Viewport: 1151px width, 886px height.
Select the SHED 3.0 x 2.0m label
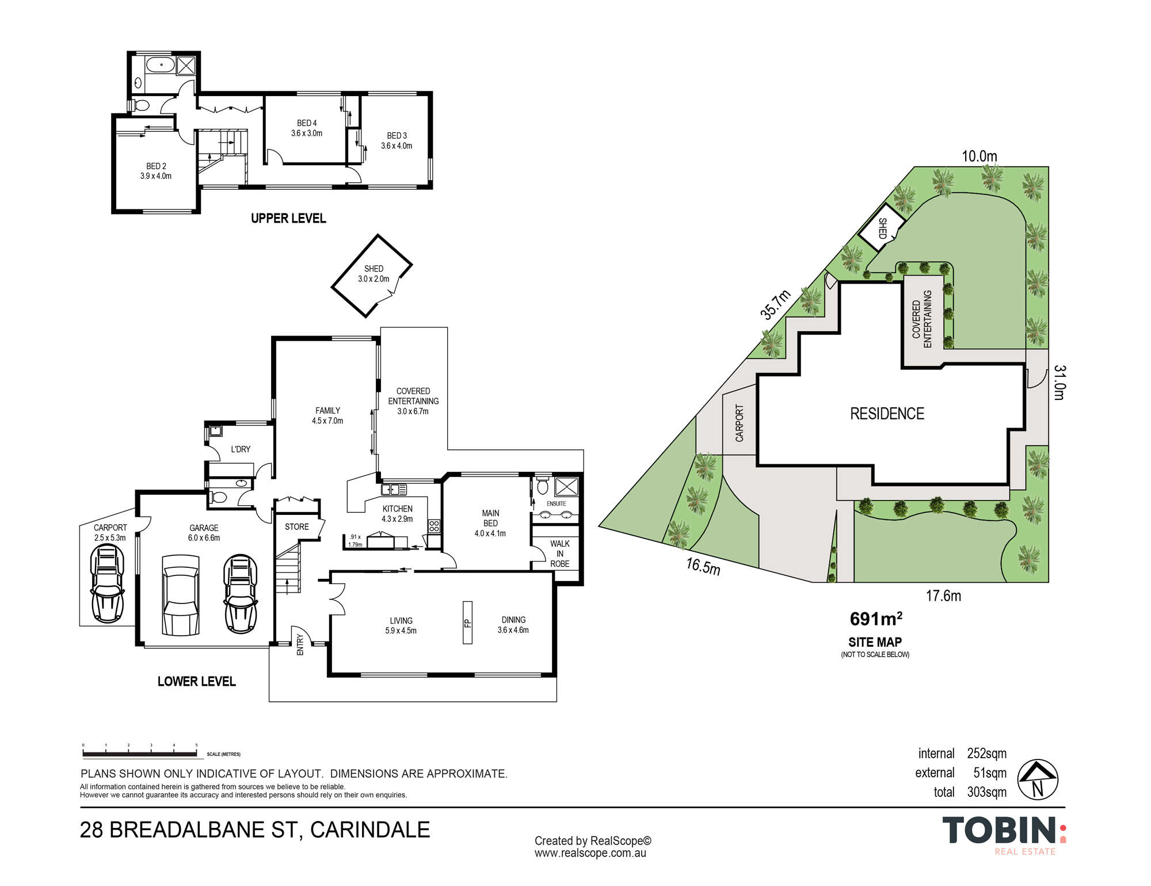373,274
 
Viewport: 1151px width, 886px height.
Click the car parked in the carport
107,584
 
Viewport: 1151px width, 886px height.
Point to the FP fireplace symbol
467,623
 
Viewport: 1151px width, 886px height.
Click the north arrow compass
1038,780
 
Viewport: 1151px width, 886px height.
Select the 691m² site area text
876,619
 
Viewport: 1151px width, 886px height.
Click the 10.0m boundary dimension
980,156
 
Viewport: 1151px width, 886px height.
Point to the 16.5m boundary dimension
703,566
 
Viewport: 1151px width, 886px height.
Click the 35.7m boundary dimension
775,304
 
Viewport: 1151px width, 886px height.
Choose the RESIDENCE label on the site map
887,414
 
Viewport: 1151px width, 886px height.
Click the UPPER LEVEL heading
288,219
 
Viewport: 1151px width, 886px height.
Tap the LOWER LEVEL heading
197,682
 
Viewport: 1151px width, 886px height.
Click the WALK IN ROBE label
559,553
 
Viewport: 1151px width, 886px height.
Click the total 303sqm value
986,792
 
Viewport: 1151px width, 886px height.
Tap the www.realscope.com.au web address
590,853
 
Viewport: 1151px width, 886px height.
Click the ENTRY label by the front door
300,645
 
